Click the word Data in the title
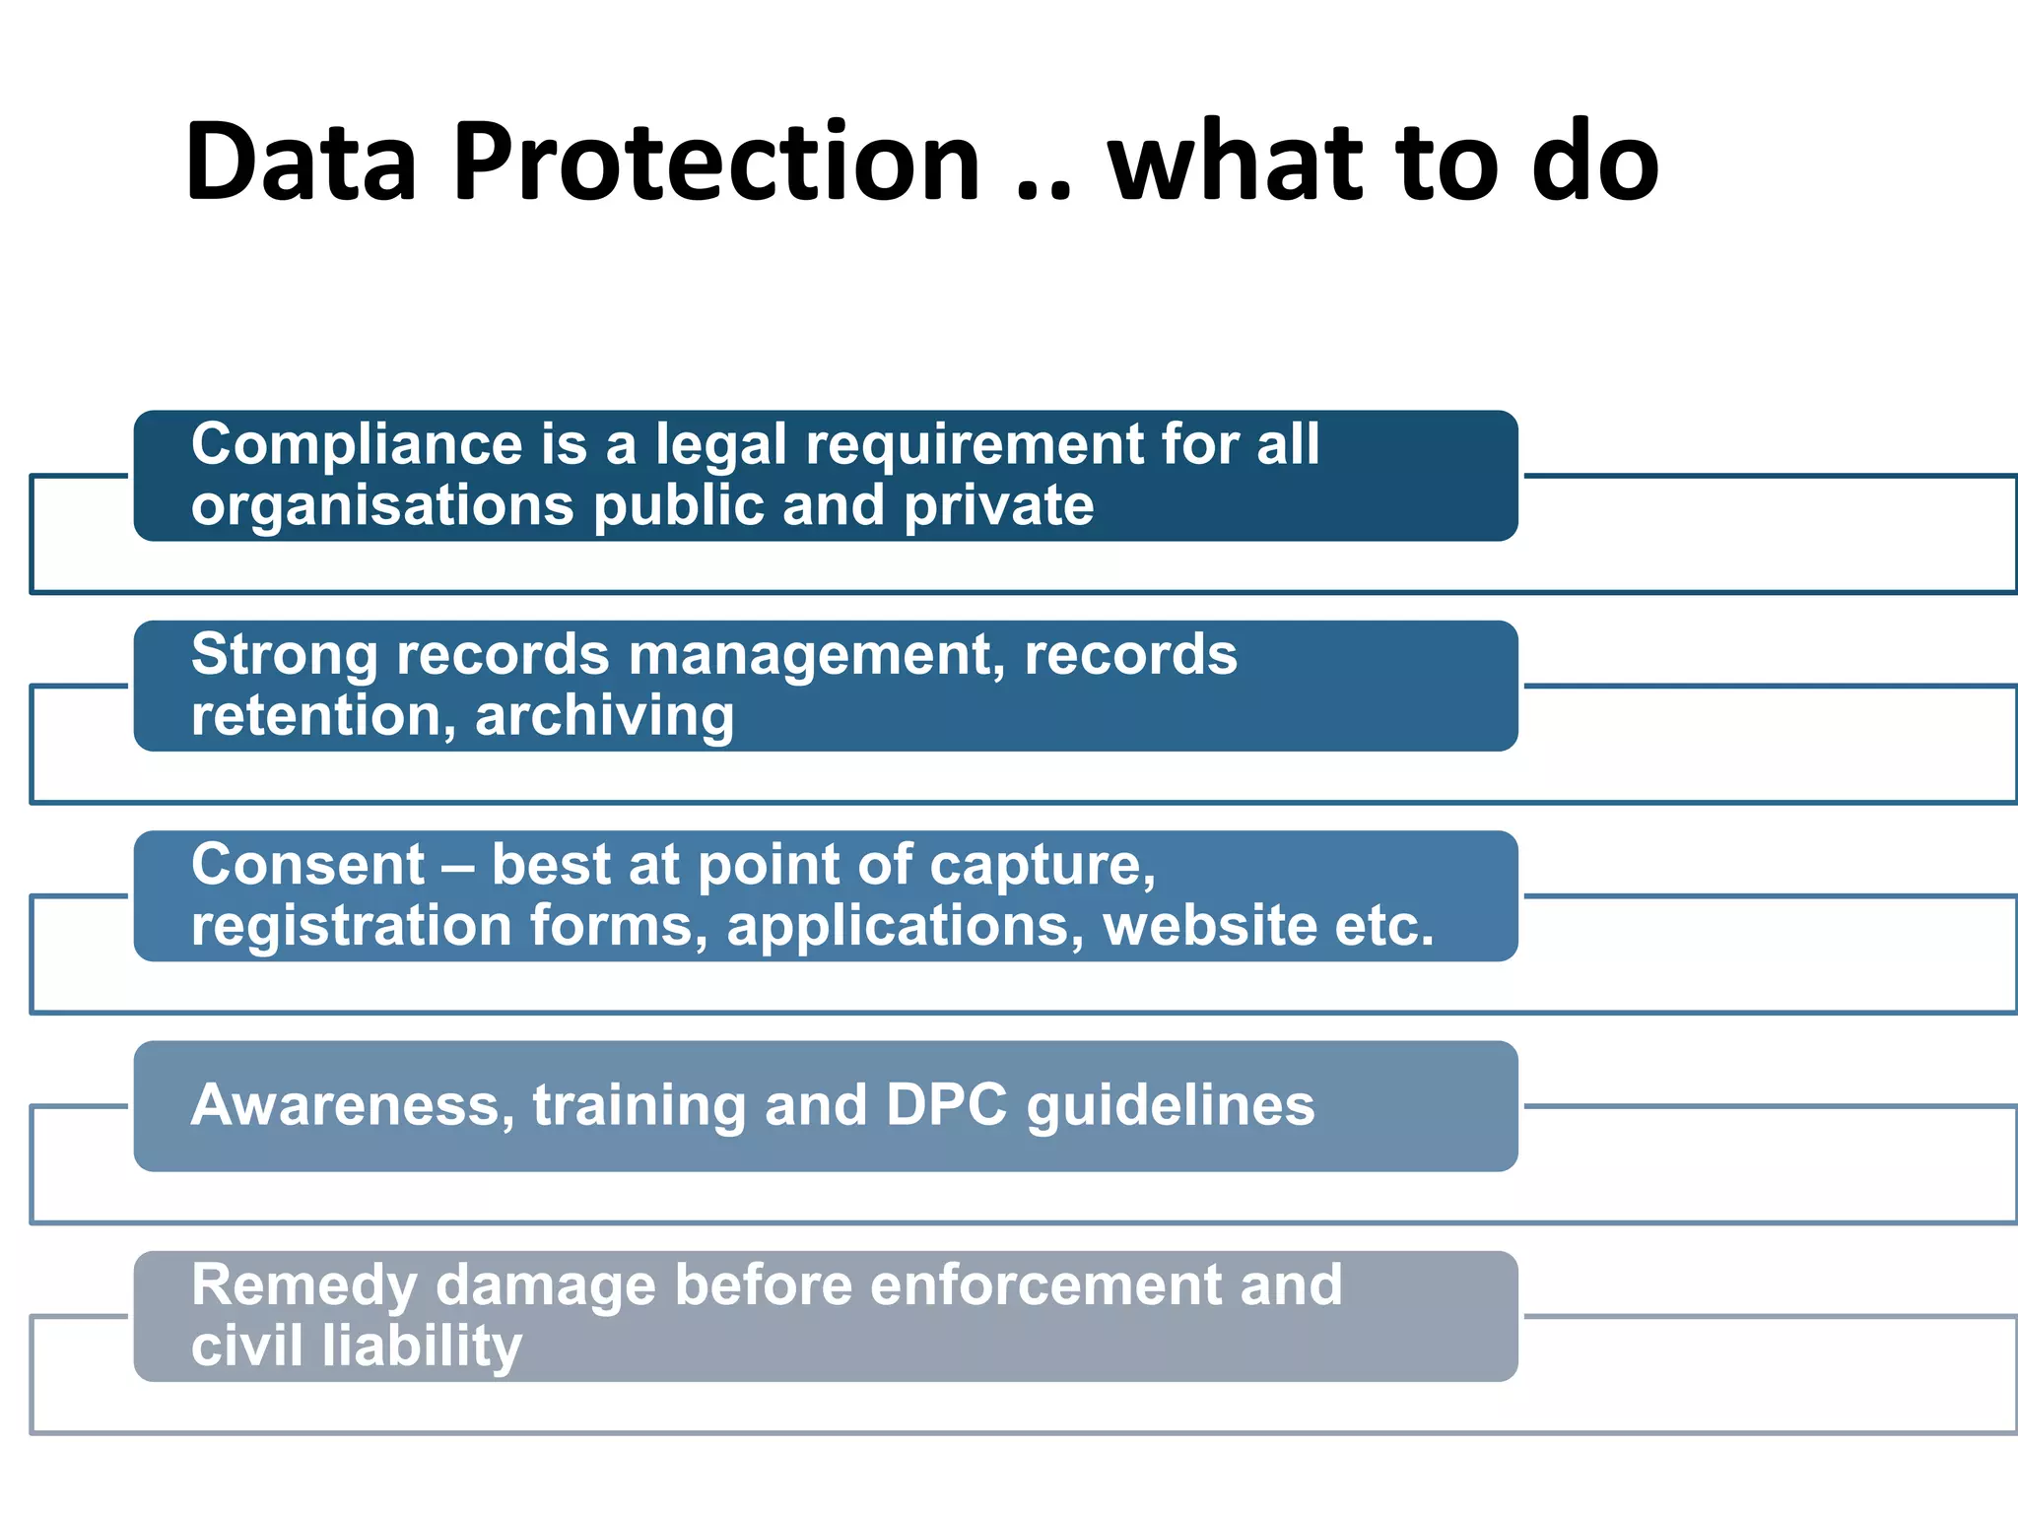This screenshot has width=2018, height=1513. click(301, 163)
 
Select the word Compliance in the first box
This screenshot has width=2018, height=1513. click(357, 445)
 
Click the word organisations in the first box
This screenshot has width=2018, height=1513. click(382, 506)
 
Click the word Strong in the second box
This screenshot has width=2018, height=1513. click(285, 655)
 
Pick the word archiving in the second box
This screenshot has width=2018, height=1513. click(604, 716)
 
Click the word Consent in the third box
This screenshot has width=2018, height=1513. click(307, 866)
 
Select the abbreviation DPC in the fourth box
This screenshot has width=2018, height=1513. click(946, 1105)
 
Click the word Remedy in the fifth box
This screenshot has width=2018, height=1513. click(304, 1286)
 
